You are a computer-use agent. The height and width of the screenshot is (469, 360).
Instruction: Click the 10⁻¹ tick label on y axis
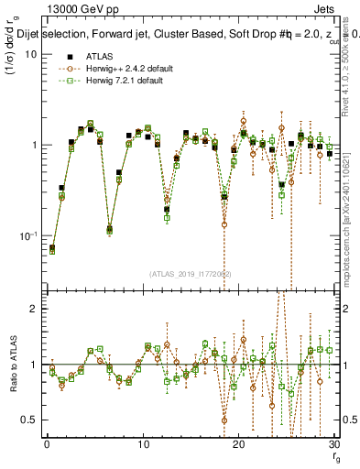pos(28,235)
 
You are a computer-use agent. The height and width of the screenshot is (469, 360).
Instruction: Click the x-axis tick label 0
pos(47,445)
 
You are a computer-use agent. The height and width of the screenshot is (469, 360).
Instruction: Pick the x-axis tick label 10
pos(143,445)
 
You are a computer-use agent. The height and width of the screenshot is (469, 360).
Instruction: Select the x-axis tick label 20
pos(239,445)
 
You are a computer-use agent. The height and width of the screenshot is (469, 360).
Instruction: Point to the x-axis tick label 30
pos(334,445)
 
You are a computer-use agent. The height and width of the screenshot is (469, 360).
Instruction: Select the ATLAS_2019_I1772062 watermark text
pos(190,274)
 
